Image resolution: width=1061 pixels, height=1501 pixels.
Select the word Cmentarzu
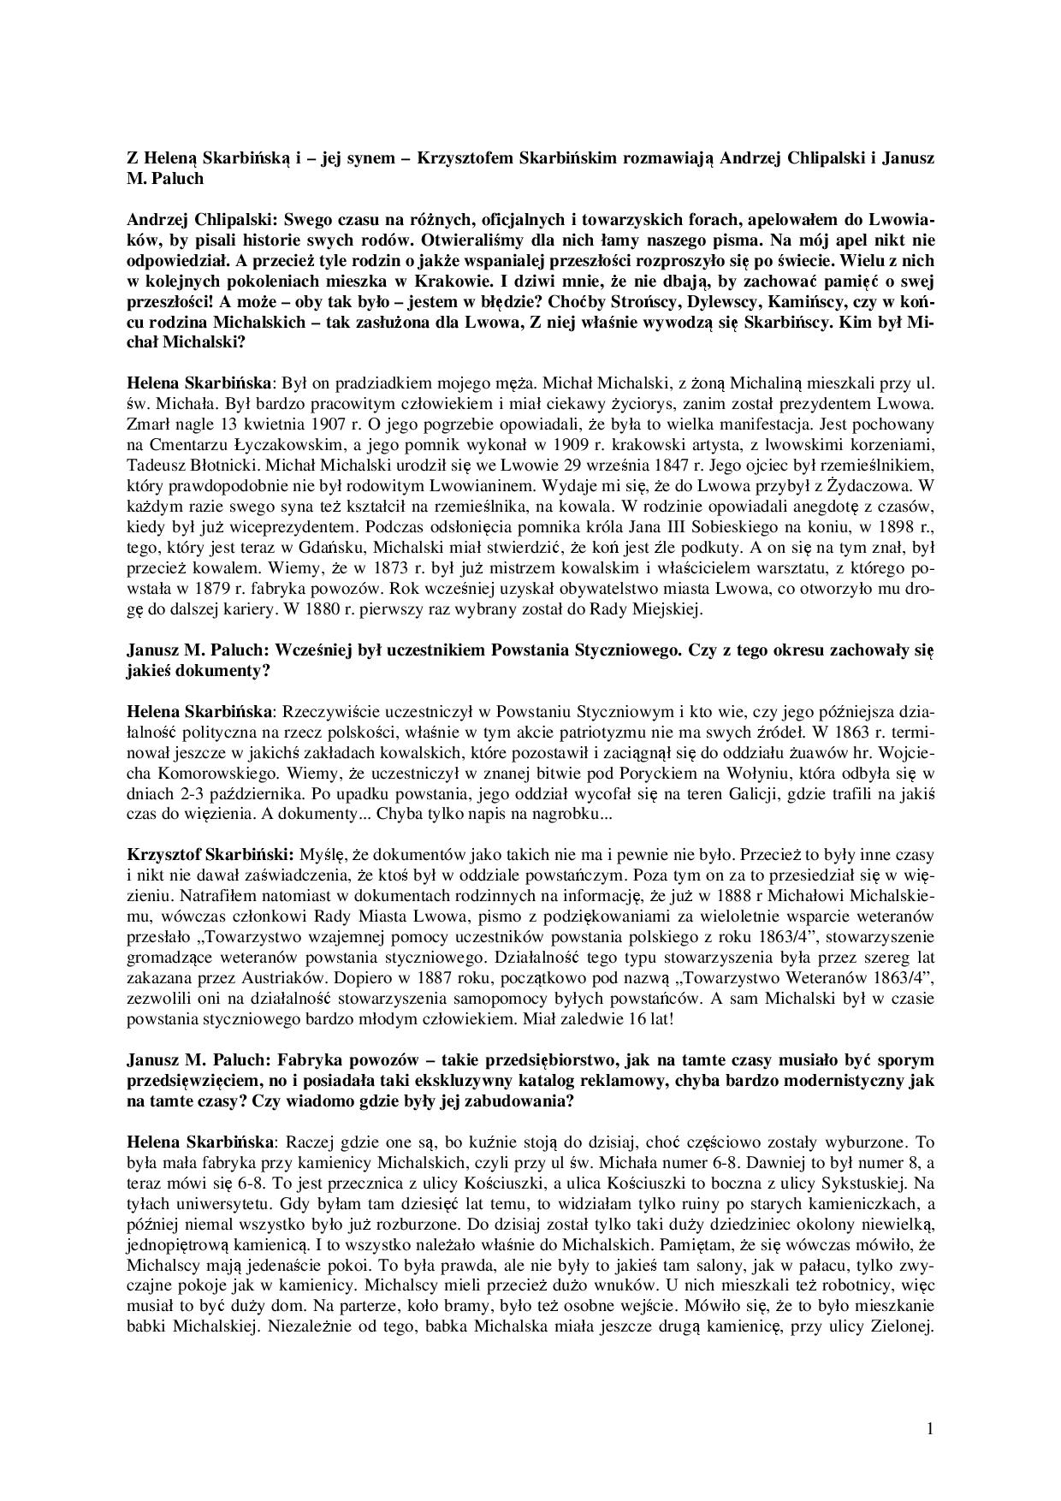click(x=181, y=444)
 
